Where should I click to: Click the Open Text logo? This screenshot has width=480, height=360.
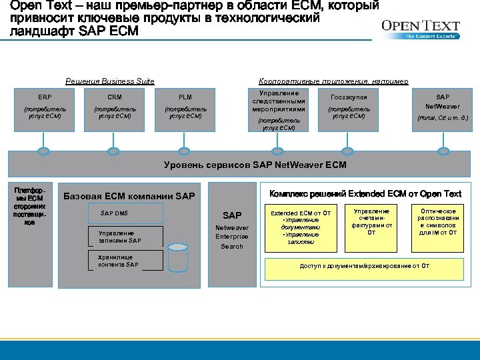click(x=420, y=29)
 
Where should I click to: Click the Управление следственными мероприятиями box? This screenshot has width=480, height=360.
click(x=279, y=109)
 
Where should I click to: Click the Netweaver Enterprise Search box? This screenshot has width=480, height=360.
click(x=232, y=231)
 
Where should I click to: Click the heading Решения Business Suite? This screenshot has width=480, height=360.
click(x=110, y=81)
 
